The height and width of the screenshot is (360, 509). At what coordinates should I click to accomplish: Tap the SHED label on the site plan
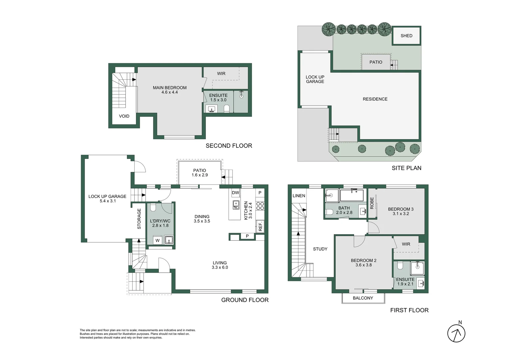pyautogui.click(x=406, y=36)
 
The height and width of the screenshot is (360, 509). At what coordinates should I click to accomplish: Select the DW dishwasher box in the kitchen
pyautogui.click(x=236, y=193)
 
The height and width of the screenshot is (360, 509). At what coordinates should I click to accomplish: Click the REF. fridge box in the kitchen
pyautogui.click(x=260, y=226)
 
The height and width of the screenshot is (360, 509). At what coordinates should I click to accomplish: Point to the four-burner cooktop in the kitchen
pyautogui.click(x=260, y=206)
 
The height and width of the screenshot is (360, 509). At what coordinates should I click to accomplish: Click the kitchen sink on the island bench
pyautogui.click(x=236, y=205)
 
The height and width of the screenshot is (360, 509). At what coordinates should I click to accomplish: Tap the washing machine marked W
pyautogui.click(x=158, y=240)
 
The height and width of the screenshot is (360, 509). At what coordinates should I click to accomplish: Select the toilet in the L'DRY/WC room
pyautogui.click(x=153, y=208)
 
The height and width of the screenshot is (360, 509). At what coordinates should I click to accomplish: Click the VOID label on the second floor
pyautogui.click(x=124, y=116)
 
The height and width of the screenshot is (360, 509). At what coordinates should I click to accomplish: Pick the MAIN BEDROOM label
pyautogui.click(x=170, y=88)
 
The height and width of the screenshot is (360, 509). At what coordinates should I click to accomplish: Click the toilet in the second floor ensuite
pyautogui.click(x=227, y=108)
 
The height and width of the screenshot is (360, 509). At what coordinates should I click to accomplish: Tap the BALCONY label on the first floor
pyautogui.click(x=363, y=298)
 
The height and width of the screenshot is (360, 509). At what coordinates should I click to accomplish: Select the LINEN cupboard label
pyautogui.click(x=299, y=196)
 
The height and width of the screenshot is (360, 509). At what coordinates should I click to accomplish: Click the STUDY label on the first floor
pyautogui.click(x=320, y=249)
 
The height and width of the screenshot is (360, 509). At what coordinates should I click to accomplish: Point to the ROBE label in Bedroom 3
pyautogui.click(x=372, y=203)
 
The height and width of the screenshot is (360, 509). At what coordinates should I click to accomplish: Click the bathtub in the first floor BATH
pyautogui.click(x=353, y=195)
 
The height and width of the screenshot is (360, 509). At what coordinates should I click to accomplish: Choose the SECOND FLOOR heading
pyautogui.click(x=229, y=146)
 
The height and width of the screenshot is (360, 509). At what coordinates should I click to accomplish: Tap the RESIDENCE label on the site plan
pyautogui.click(x=375, y=99)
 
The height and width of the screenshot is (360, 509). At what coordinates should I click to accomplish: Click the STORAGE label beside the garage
pyautogui.click(x=139, y=219)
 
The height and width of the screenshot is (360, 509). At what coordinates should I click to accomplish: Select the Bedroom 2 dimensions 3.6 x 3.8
pyautogui.click(x=363, y=265)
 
